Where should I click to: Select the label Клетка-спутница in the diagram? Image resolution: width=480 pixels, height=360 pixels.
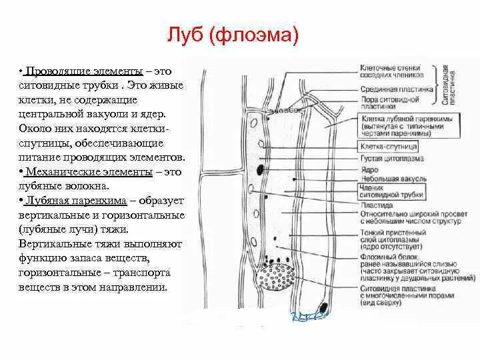point(389,145)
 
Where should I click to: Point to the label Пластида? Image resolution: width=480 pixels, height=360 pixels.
point(375,205)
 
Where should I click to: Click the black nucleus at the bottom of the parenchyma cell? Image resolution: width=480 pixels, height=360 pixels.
point(324,308)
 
